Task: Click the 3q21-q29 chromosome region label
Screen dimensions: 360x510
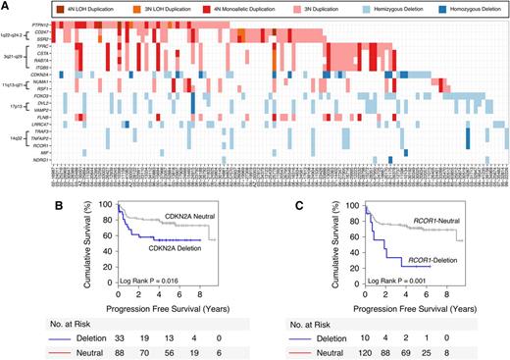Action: (x=14, y=61)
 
